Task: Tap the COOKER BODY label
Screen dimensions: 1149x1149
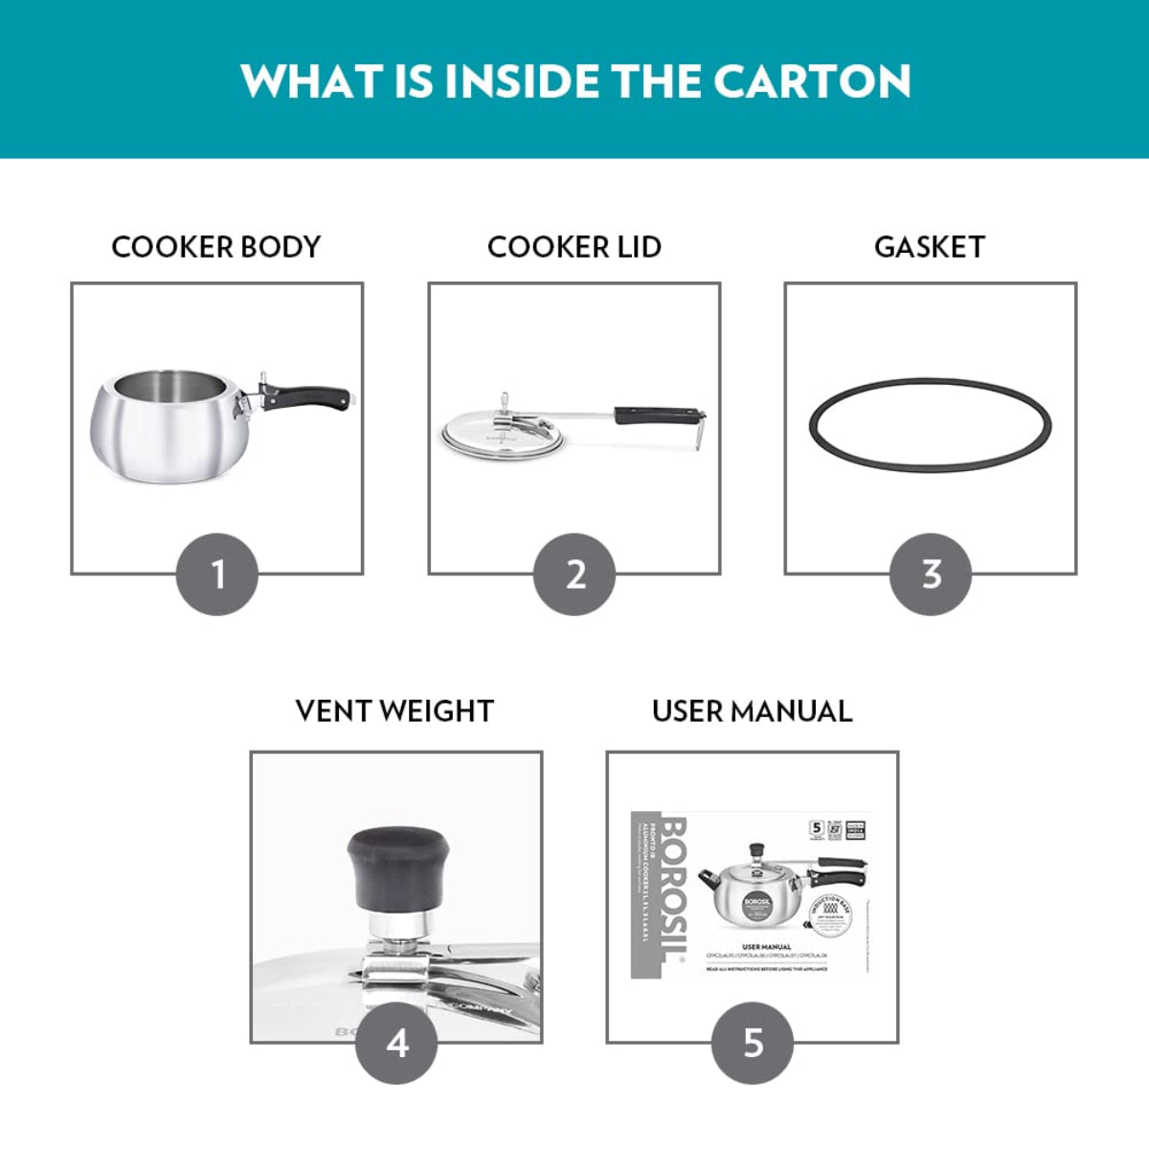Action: click(x=215, y=247)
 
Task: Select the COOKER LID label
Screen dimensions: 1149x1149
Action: click(x=574, y=247)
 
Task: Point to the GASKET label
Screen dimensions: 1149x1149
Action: click(x=929, y=247)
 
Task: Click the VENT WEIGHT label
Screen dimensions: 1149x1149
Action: click(x=394, y=711)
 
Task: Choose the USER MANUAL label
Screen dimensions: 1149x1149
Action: click(x=752, y=711)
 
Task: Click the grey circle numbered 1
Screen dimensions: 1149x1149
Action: click(x=217, y=574)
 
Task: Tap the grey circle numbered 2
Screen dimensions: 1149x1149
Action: click(x=574, y=574)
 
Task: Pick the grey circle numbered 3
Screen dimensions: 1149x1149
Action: click(x=931, y=574)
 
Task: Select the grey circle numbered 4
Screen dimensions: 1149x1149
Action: click(x=396, y=1043)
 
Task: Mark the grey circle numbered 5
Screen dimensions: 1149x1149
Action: click(x=753, y=1043)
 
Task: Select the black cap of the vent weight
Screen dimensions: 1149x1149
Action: click(x=396, y=867)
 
